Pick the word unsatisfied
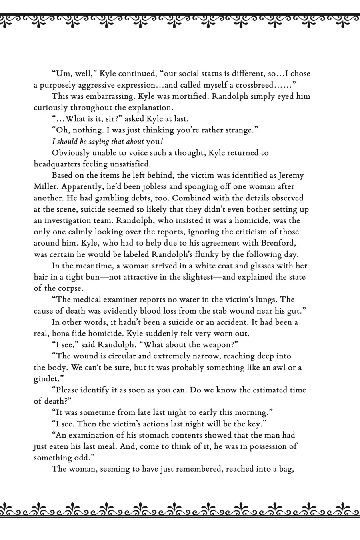(130, 164)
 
